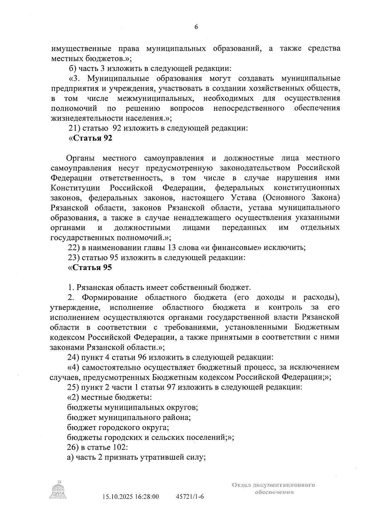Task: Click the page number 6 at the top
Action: click(196, 27)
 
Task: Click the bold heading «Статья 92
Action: click(90, 138)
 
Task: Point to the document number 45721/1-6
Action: click(190, 496)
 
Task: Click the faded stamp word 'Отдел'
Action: click(242, 485)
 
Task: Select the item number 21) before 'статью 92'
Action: click(74, 128)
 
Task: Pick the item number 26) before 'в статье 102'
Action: click(74, 447)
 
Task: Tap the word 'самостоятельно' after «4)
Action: click(109, 367)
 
